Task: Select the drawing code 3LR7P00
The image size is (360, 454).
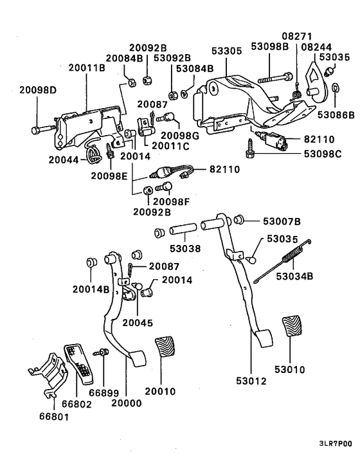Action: (x=335, y=444)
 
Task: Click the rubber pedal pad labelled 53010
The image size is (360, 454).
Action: (x=292, y=329)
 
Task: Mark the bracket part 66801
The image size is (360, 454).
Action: (x=48, y=377)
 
